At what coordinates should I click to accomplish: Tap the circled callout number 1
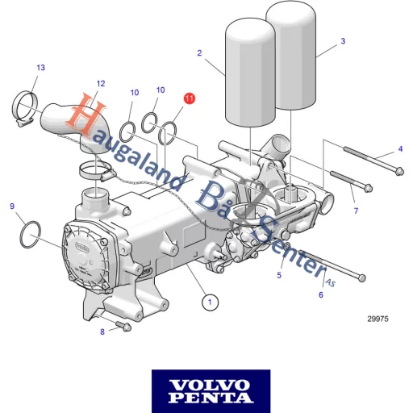(x=209, y=302)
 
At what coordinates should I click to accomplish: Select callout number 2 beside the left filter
(x=199, y=53)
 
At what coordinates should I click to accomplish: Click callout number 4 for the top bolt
(x=399, y=149)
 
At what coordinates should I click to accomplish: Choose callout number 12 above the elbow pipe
(x=101, y=84)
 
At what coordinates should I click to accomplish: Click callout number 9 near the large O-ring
(x=12, y=207)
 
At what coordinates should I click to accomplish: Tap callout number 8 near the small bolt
(x=102, y=332)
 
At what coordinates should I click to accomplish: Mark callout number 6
(x=320, y=294)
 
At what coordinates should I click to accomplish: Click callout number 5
(x=279, y=275)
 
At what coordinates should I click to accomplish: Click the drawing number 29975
(x=378, y=319)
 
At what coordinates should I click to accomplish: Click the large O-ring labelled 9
(x=31, y=232)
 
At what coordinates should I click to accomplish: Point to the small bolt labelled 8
(x=123, y=326)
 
